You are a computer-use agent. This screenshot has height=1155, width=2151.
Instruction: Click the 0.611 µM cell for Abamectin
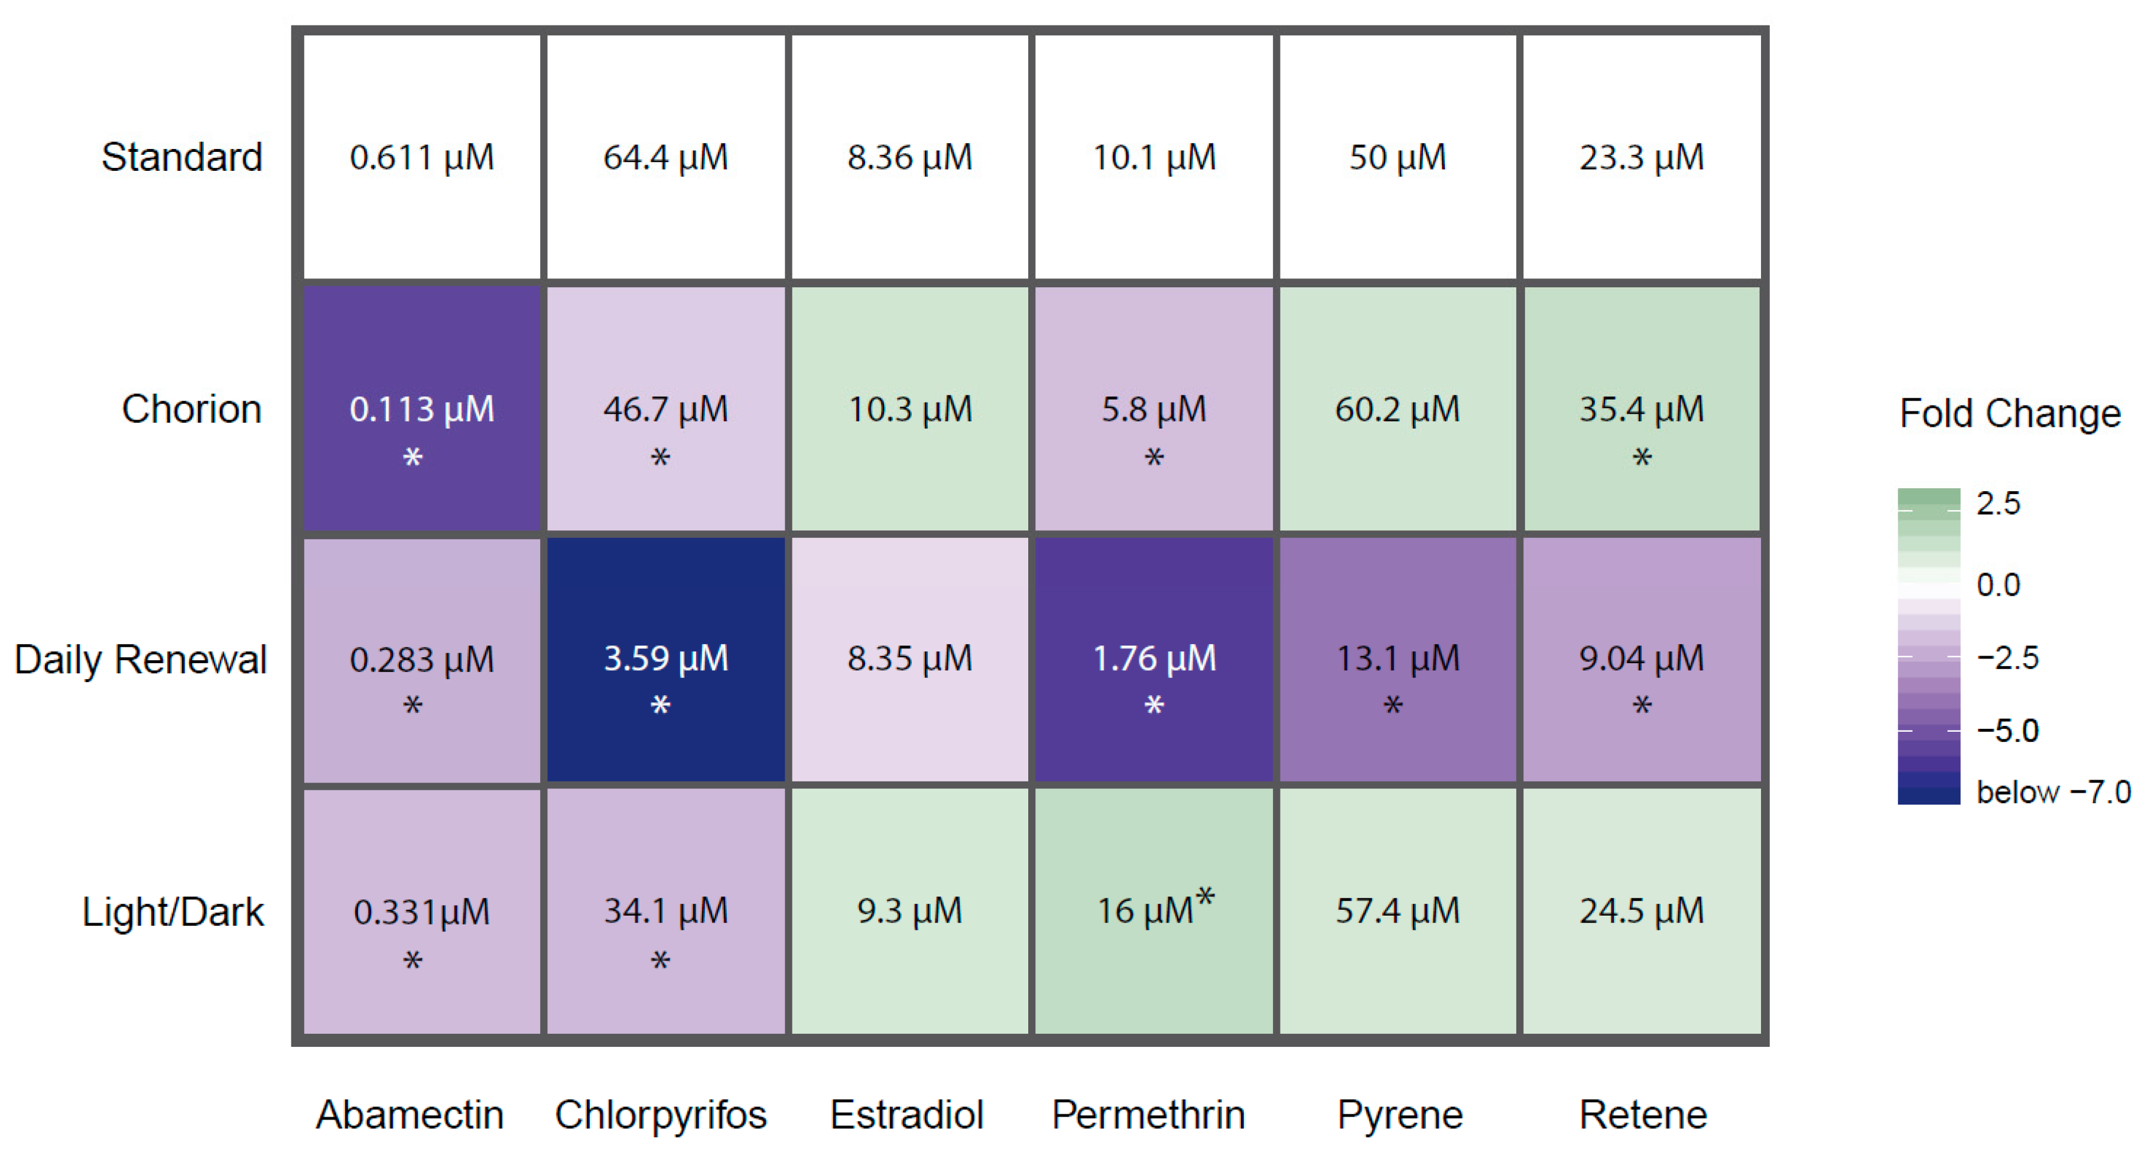coord(422,157)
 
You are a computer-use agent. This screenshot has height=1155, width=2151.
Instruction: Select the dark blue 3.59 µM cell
coord(665,659)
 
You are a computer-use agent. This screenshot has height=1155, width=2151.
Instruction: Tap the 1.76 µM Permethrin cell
coord(1154,659)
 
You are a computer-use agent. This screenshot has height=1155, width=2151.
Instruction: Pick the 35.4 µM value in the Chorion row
coord(1641,409)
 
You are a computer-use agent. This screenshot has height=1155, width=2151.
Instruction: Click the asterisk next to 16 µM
coord(1205,898)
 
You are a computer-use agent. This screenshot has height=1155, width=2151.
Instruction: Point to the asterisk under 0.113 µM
coord(412,458)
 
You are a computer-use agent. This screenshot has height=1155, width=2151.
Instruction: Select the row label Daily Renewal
coord(140,660)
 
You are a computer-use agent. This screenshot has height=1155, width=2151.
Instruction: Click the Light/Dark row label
coord(173,912)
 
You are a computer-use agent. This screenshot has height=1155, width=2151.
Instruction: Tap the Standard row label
coord(182,157)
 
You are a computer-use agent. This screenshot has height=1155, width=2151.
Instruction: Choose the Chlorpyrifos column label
coord(661,1115)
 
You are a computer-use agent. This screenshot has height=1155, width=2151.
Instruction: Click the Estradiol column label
coord(907,1115)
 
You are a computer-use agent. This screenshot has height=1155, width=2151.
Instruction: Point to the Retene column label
coord(1642,1115)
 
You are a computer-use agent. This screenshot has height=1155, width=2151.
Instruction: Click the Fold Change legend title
coord(2010,413)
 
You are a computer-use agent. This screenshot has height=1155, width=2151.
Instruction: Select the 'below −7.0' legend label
coord(2053,791)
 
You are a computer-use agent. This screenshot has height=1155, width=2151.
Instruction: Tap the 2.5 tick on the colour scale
coord(1998,504)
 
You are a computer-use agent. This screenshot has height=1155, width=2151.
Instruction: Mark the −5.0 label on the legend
coord(2008,731)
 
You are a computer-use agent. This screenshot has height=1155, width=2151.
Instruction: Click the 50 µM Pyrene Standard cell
coord(1397,157)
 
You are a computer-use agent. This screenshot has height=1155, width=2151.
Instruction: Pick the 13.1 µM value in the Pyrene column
coord(1397,659)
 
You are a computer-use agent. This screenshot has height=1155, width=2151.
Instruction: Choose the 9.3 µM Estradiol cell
coord(909,911)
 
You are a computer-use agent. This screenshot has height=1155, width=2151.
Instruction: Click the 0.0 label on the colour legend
coord(1998,585)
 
